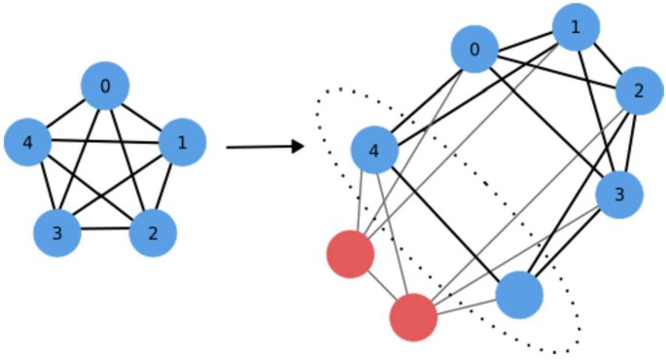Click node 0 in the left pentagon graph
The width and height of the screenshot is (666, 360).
(x=105, y=88)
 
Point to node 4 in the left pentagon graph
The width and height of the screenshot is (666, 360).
(x=29, y=143)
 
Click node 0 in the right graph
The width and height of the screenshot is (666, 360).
(x=474, y=49)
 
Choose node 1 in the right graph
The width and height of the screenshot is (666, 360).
(x=576, y=28)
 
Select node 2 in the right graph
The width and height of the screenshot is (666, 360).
(x=640, y=91)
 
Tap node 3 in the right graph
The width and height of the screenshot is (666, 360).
(x=619, y=193)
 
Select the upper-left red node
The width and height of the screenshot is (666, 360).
(x=350, y=255)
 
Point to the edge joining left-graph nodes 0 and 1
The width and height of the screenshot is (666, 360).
(x=143, y=115)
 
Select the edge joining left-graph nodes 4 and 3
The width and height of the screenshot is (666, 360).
(x=44, y=188)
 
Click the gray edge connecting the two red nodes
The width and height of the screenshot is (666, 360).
(x=382, y=286)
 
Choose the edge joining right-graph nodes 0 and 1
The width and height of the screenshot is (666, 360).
(x=525, y=39)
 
